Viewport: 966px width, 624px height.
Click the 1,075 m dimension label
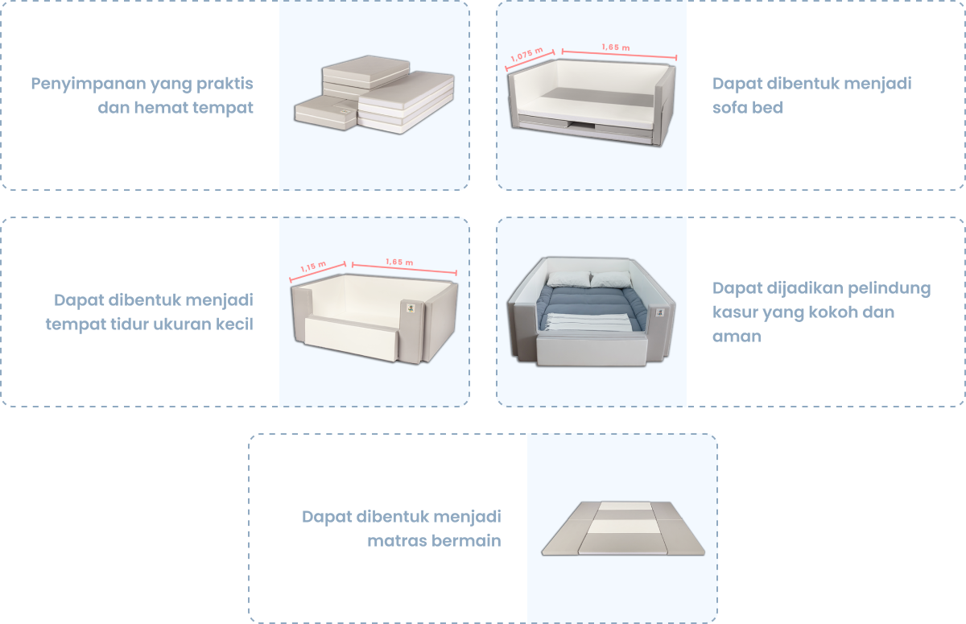(x=526, y=54)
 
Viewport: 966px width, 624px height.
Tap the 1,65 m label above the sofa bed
(x=616, y=47)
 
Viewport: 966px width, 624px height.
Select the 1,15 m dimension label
(x=313, y=266)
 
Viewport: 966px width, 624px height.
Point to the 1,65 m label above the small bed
(x=399, y=262)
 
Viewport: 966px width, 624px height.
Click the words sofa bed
(x=747, y=107)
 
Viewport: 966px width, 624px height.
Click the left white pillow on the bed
(x=568, y=279)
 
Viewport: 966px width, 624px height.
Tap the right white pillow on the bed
(x=611, y=279)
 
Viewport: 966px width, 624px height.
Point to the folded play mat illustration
(x=623, y=528)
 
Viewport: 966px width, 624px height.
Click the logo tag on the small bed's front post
(x=411, y=308)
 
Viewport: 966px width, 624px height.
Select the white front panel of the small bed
(x=351, y=338)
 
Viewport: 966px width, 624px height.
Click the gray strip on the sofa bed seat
(x=597, y=98)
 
